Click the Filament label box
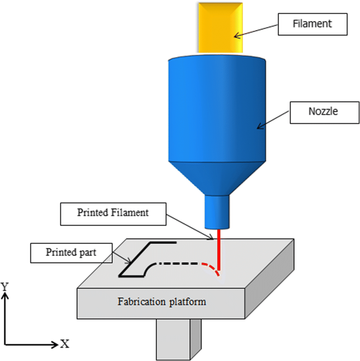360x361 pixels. click(312, 24)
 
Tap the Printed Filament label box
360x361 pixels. click(113, 213)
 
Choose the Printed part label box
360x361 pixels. click(71, 253)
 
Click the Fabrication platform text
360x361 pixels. click(162, 302)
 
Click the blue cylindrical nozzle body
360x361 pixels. click(217, 110)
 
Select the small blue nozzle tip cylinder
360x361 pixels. click(217, 211)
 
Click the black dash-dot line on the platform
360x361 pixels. click(174, 264)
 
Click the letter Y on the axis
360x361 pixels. click(5, 287)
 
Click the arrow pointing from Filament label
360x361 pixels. click(256, 31)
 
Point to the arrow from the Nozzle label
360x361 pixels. click(274, 119)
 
